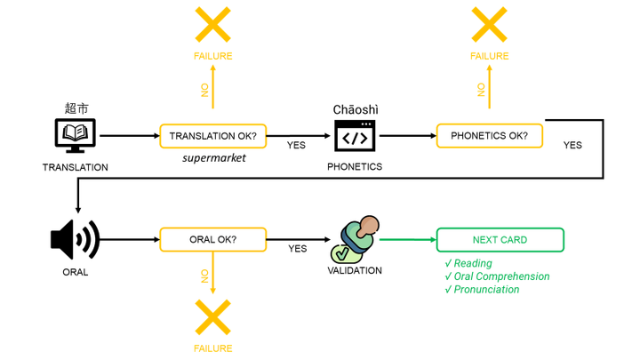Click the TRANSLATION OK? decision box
(213, 136)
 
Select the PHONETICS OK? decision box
(490, 136)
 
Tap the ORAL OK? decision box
(213, 240)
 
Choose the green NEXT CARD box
(500, 240)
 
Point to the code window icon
(355, 137)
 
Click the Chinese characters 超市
(76, 108)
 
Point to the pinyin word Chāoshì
(356, 109)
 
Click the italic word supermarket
(213, 158)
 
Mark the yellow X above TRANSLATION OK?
(213, 24)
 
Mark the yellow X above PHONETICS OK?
(490, 24)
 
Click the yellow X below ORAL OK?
(213, 318)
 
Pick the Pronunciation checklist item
(485, 290)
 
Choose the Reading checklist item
(471, 263)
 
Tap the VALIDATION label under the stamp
(355, 270)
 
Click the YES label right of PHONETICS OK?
(572, 145)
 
